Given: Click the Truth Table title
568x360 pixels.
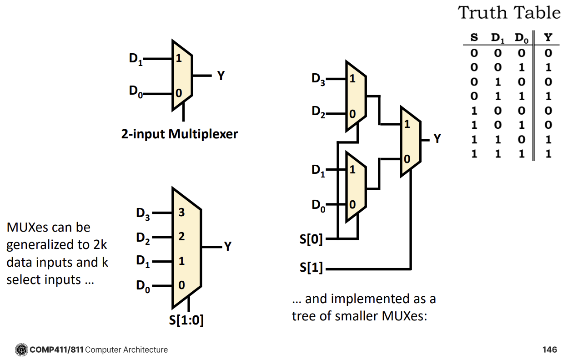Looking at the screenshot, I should pyautogui.click(x=509, y=13).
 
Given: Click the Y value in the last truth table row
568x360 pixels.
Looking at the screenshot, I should pyautogui.click(x=548, y=153).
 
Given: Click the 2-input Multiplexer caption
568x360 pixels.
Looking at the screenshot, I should pyautogui.click(x=179, y=134).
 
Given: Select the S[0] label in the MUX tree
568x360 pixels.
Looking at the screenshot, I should pyautogui.click(x=311, y=239).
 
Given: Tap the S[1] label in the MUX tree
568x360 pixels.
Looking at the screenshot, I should pyautogui.click(x=311, y=268).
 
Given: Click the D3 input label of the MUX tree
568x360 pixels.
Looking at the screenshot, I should pyautogui.click(x=318, y=79).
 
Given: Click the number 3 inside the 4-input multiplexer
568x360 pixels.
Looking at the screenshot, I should pyautogui.click(x=181, y=213).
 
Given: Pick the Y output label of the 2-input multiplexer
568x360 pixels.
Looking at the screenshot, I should pyautogui.click(x=221, y=76).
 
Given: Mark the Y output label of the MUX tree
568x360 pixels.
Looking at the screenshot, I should pyautogui.click(x=437, y=139).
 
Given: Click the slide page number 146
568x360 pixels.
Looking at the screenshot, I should pyautogui.click(x=549, y=350).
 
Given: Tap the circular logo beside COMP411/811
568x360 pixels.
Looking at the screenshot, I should pyautogui.click(x=21, y=350).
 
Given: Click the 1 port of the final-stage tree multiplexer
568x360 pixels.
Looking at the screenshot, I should pyautogui.click(x=407, y=124).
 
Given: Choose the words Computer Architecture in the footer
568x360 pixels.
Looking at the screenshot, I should pyautogui.click(x=126, y=350).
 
